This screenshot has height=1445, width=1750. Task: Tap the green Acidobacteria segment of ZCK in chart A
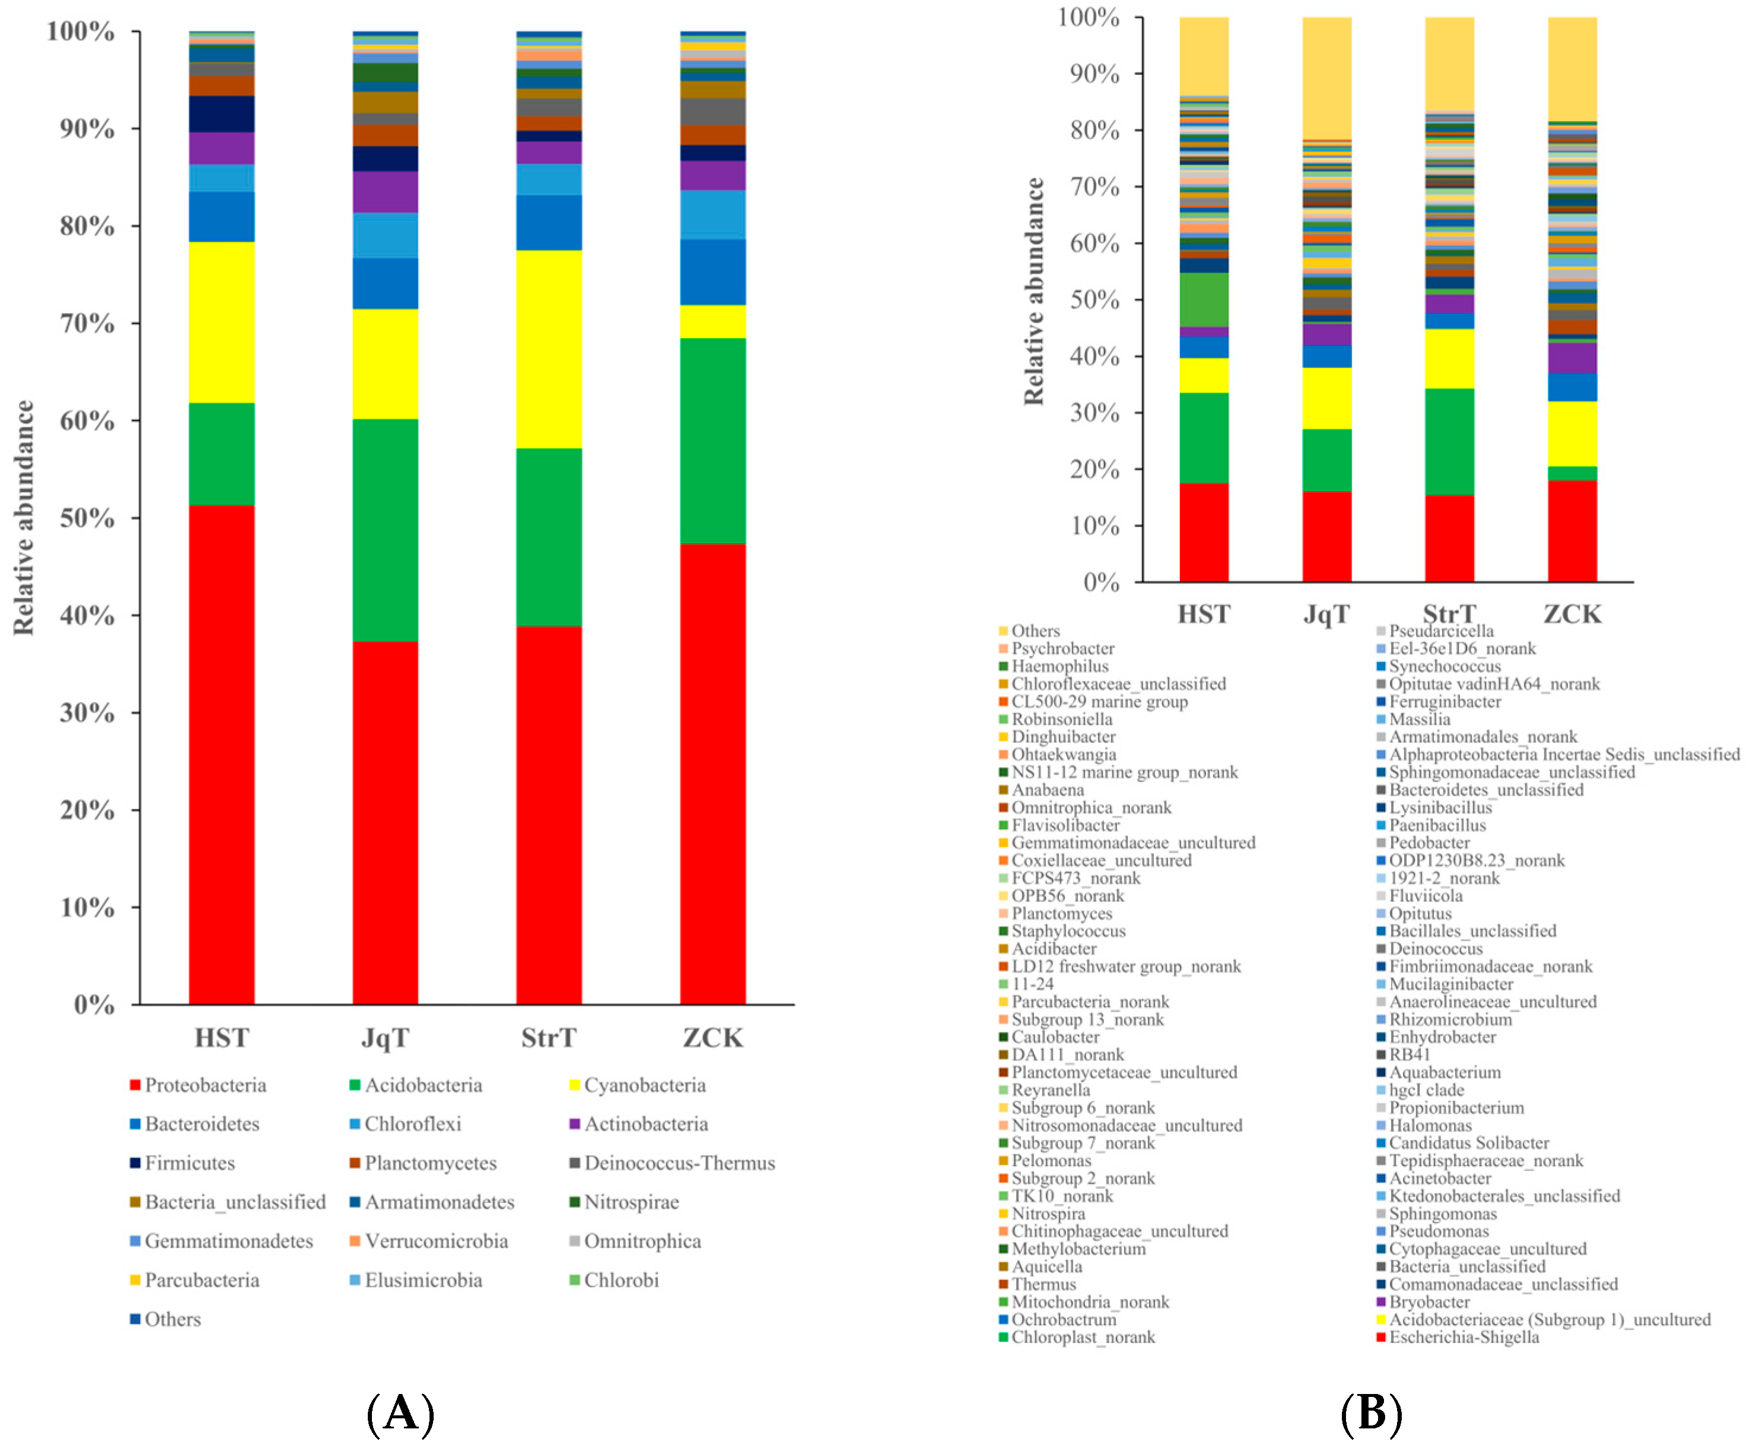tap(712, 441)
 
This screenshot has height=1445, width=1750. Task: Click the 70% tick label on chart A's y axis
tap(87, 323)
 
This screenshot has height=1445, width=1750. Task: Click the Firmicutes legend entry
tap(189, 1163)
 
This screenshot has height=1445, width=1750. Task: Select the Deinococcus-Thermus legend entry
tap(679, 1163)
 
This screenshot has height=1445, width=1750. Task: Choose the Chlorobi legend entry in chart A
tap(621, 1280)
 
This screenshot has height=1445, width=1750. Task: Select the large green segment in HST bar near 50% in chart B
tap(1203, 299)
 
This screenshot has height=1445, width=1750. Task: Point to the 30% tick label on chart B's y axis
tap(1094, 413)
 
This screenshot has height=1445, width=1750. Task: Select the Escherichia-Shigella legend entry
tap(1463, 1338)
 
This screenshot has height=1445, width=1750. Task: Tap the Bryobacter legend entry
tap(1428, 1302)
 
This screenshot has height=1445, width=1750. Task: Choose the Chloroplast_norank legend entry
tap(1082, 1338)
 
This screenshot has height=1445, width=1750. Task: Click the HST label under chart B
tap(1203, 614)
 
